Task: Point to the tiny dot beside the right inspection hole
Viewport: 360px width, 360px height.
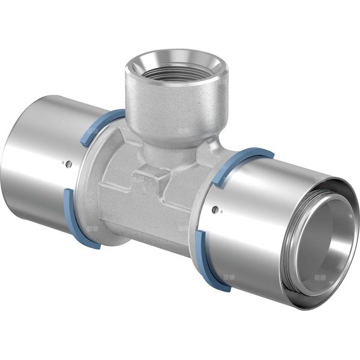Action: [x=221, y=211]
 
